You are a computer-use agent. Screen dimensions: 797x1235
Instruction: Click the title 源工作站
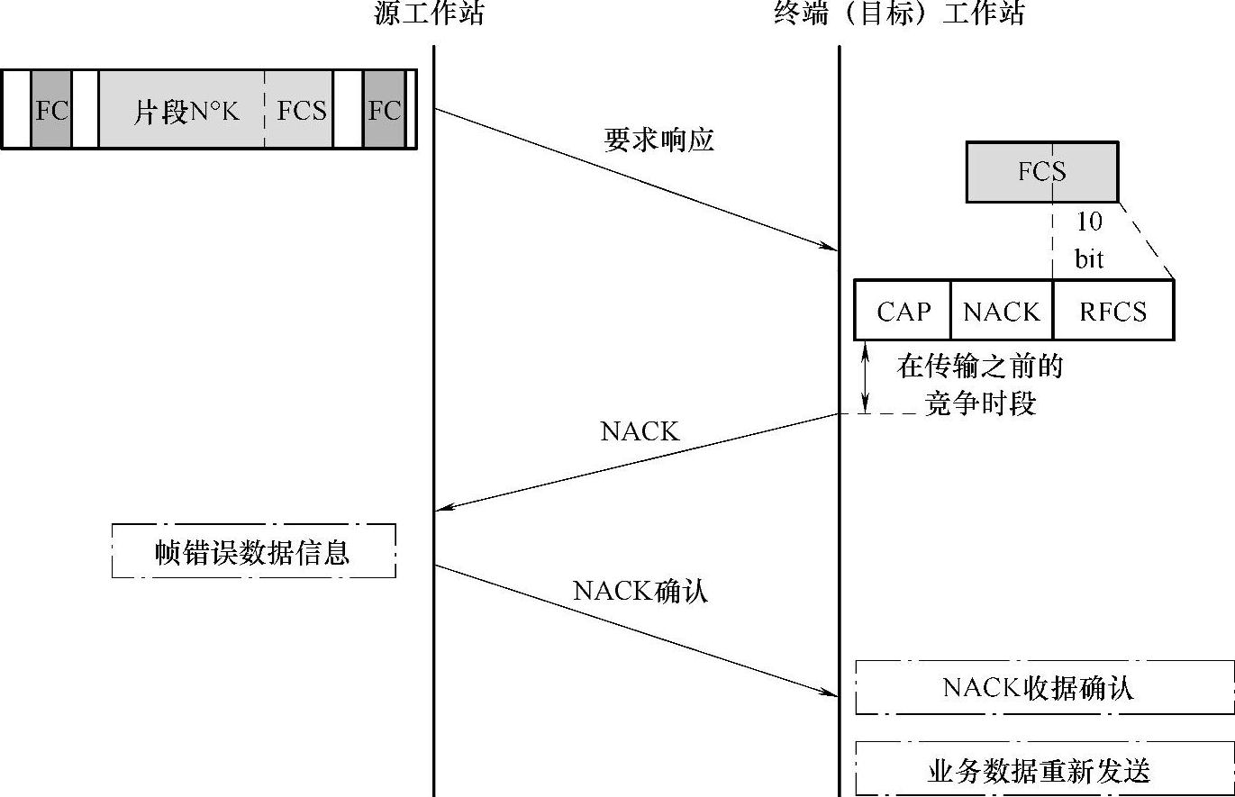point(430,14)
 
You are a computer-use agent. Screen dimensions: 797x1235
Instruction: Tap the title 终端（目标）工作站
point(899,14)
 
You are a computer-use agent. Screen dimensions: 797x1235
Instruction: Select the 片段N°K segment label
point(186,111)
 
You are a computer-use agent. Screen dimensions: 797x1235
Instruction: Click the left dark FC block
point(51,110)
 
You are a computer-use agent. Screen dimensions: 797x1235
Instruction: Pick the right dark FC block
point(384,110)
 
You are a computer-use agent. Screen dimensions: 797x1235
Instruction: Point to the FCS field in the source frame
point(301,110)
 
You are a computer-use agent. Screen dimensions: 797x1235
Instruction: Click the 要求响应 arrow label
point(658,140)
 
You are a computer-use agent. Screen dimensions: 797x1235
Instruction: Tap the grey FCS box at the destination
point(1042,171)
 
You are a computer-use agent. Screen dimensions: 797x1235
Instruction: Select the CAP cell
point(904,311)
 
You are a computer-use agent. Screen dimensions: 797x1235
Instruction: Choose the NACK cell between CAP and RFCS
point(1001,311)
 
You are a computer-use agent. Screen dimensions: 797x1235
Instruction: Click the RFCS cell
point(1113,311)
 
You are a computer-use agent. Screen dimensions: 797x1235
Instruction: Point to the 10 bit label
point(1088,240)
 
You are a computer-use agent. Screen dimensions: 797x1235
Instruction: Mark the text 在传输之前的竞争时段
point(980,385)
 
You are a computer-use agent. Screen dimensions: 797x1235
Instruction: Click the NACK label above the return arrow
point(640,431)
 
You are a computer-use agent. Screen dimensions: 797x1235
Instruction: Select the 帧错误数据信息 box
point(253,550)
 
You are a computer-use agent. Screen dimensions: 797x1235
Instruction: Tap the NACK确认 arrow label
point(640,590)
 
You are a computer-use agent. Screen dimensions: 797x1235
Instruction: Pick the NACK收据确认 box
point(1044,688)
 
